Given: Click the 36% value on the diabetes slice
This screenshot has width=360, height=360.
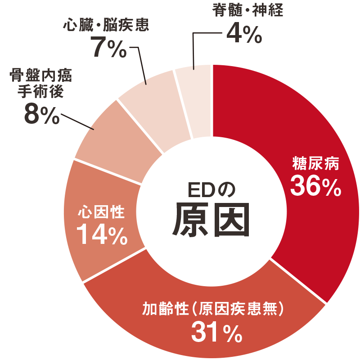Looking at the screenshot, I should (x=315, y=185).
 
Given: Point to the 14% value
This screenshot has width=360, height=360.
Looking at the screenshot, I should (x=101, y=234).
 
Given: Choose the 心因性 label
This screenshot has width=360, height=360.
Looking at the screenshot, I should (x=101, y=211).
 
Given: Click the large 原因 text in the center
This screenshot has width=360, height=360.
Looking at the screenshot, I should (x=211, y=220).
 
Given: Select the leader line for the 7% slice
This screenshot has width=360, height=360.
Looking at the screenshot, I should (x=141, y=63).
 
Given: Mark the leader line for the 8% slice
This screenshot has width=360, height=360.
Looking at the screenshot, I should (x=76, y=121).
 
